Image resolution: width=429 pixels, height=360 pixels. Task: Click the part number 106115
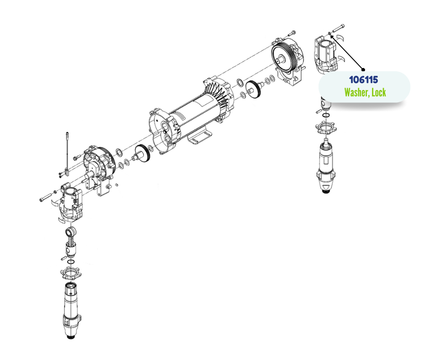click(x=364, y=80)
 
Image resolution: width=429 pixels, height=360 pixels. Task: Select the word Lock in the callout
click(x=379, y=92)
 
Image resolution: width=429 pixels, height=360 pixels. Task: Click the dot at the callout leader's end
click(x=363, y=69)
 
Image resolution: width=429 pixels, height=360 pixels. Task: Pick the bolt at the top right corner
click(x=339, y=28)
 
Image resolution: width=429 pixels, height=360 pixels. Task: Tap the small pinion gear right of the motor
click(x=254, y=89)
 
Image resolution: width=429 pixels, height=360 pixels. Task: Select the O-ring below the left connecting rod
click(x=71, y=262)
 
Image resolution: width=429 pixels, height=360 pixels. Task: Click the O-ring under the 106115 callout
click(x=325, y=115)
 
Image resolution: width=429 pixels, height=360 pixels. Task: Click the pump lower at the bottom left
click(x=72, y=310)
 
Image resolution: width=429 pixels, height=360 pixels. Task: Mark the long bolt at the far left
click(x=46, y=197)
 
